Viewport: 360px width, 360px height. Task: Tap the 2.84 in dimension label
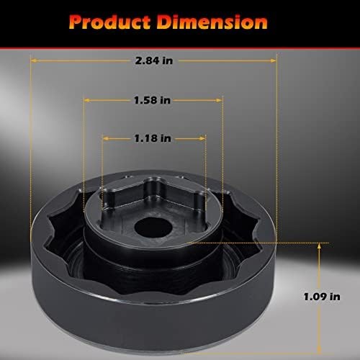[x=153, y=61]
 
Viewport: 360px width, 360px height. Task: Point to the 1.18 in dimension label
[x=153, y=136]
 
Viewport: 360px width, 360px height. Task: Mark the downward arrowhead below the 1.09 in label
[x=318, y=330]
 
